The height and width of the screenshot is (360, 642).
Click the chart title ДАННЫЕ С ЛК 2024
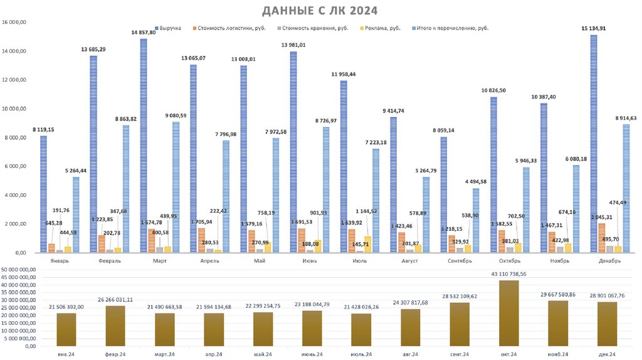coord(320,11)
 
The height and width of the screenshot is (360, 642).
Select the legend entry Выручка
coord(170,28)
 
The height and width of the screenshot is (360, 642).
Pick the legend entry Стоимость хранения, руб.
coord(313,28)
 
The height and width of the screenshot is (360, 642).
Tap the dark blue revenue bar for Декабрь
coord(594,144)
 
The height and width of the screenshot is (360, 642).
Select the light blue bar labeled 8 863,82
coord(126,188)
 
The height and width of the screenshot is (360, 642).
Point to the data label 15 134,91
coord(593,28)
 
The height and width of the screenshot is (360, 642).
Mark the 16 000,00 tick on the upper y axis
coord(15,22)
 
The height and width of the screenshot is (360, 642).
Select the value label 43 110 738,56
coord(508,274)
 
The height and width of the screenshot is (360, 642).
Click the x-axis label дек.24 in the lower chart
coord(607,354)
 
